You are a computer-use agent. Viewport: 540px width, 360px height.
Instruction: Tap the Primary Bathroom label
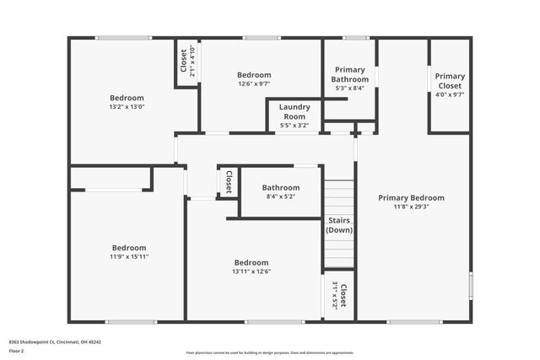[349, 74]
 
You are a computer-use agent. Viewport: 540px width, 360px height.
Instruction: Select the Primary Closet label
[450, 81]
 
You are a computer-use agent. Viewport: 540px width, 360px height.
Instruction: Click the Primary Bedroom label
[411, 198]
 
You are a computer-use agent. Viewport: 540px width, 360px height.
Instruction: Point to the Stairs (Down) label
[339, 225]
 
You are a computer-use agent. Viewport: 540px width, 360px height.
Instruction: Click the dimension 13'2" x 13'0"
[127, 107]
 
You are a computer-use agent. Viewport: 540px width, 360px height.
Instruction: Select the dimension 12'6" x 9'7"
[254, 83]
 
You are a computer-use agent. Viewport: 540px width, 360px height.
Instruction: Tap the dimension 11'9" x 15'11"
[129, 256]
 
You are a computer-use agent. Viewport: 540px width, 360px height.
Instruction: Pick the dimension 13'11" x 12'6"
[251, 271]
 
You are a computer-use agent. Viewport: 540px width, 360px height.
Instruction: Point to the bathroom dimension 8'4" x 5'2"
[280, 196]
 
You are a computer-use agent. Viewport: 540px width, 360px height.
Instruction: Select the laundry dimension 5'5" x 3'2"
[294, 126]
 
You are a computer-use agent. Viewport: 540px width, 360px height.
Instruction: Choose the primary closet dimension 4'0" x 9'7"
[450, 94]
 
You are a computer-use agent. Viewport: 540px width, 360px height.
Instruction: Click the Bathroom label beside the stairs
[280, 187]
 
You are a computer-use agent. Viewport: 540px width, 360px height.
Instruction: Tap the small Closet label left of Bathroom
[228, 182]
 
